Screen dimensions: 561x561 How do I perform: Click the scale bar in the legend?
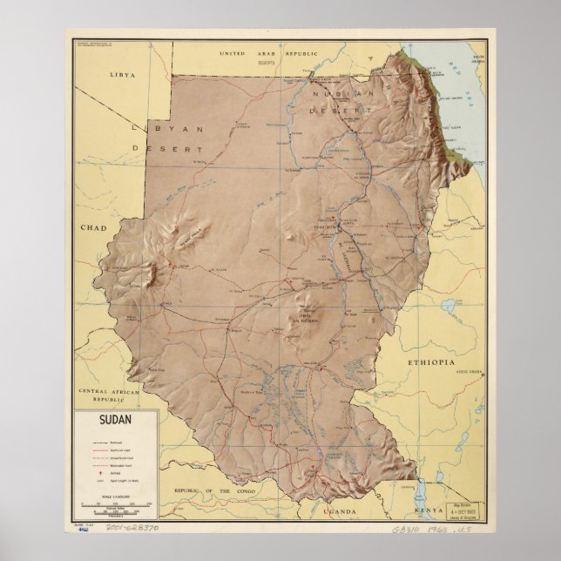pos(116,504)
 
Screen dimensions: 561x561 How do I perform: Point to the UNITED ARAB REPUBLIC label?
pos(285,54)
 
